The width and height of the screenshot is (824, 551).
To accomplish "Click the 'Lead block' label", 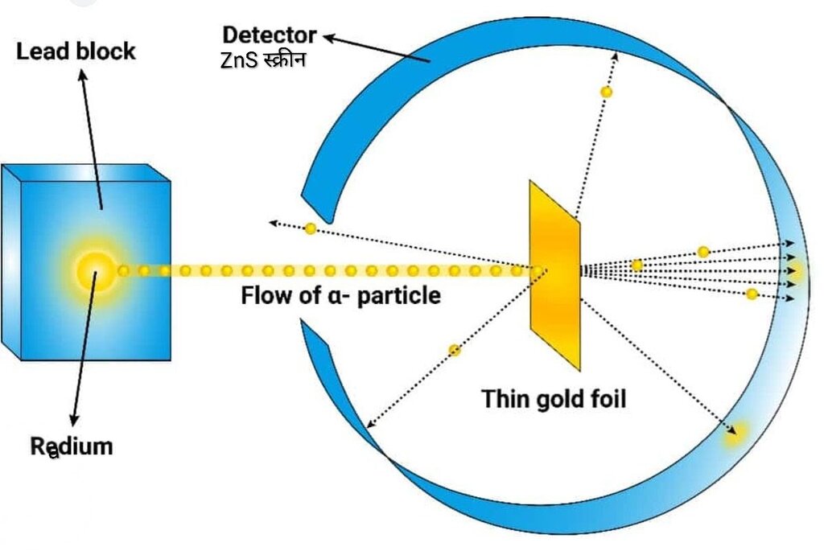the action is pyautogui.click(x=76, y=51).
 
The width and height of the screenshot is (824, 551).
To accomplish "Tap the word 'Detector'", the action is pyautogui.click(x=269, y=35).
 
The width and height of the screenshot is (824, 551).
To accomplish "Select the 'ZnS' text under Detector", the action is pyautogui.click(x=239, y=60).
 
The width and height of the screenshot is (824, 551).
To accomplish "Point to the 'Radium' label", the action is pyautogui.click(x=72, y=446).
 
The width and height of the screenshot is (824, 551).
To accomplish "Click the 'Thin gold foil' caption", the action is pyautogui.click(x=554, y=399).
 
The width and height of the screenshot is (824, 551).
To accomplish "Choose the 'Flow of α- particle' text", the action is pyautogui.click(x=340, y=295).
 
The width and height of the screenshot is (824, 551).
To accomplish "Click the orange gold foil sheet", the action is pyautogui.click(x=555, y=276).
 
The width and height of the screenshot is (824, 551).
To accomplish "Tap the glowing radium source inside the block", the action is pyautogui.click(x=96, y=271).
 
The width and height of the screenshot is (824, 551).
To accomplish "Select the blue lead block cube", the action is pyautogui.click(x=85, y=262).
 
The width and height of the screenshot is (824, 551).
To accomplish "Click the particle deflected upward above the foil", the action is pyautogui.click(x=607, y=92).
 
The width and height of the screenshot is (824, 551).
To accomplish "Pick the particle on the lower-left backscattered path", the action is pyautogui.click(x=455, y=350).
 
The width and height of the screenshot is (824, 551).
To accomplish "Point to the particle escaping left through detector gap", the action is pyautogui.click(x=311, y=228).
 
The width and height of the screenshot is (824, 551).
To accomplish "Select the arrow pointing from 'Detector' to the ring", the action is pyautogui.click(x=377, y=48).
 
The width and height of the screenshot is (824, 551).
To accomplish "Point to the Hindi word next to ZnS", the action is pyautogui.click(x=284, y=60).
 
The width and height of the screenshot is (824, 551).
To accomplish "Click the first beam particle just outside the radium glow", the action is pyautogui.click(x=123, y=271).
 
